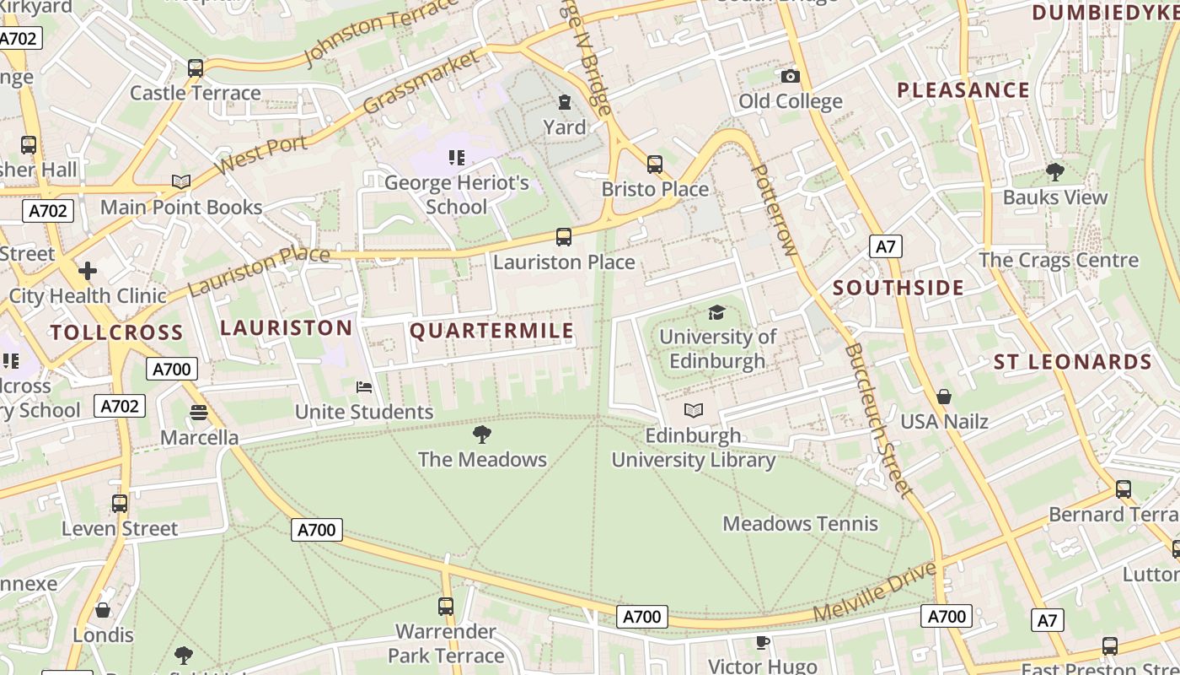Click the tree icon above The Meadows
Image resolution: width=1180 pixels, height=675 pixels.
[x=482, y=435]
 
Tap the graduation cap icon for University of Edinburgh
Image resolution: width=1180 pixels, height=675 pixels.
[x=716, y=312]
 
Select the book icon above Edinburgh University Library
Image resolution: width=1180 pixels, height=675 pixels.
[x=694, y=411]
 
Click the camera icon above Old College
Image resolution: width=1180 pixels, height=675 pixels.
[x=790, y=77]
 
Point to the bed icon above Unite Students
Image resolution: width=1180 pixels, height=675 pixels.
[x=364, y=387]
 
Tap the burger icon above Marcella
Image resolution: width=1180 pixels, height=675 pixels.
[x=199, y=413]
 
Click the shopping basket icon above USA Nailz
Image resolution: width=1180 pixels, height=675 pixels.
[x=944, y=397]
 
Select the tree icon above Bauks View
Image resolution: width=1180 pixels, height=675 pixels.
[x=1054, y=172]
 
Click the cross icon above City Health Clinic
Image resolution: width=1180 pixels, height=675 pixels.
[x=88, y=271]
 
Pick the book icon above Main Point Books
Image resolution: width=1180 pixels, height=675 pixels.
[x=180, y=181]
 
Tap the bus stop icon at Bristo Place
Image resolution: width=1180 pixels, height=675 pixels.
[x=655, y=165]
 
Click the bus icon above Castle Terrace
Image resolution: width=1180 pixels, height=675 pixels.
[x=196, y=68]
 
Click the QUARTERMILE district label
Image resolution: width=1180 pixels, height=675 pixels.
[x=491, y=331]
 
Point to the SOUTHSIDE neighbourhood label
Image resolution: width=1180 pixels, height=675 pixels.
[x=898, y=288]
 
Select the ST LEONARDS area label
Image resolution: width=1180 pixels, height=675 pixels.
[x=1072, y=362]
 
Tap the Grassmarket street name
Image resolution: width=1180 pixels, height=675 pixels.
[x=421, y=82]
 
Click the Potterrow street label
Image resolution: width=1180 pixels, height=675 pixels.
[x=774, y=210]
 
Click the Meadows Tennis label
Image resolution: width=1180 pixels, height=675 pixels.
[x=800, y=523]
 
